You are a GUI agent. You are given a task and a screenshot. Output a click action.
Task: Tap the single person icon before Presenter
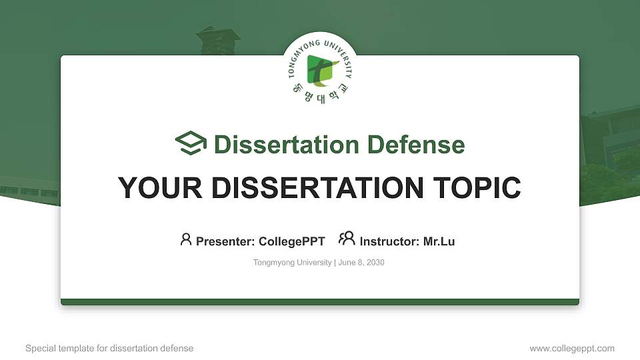[x=186, y=239]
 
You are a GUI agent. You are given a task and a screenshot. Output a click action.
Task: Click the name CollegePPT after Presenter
[x=293, y=241]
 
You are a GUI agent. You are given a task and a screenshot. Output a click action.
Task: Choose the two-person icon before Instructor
[x=347, y=239]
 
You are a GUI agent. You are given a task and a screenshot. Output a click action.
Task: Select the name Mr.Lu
[x=439, y=241]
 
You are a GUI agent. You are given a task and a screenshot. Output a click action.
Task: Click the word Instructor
[x=389, y=241]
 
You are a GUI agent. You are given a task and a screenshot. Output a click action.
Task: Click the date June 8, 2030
[x=361, y=263]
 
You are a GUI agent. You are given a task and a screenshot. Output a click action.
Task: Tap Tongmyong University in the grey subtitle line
[x=292, y=263]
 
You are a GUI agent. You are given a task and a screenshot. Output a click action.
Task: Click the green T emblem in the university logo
[x=319, y=70]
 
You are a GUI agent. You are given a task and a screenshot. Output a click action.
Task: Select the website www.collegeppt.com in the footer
[x=572, y=348]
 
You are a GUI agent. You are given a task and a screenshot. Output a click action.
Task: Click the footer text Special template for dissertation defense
[x=109, y=348]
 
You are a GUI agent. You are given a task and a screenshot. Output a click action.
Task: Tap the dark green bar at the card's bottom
[x=320, y=302]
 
